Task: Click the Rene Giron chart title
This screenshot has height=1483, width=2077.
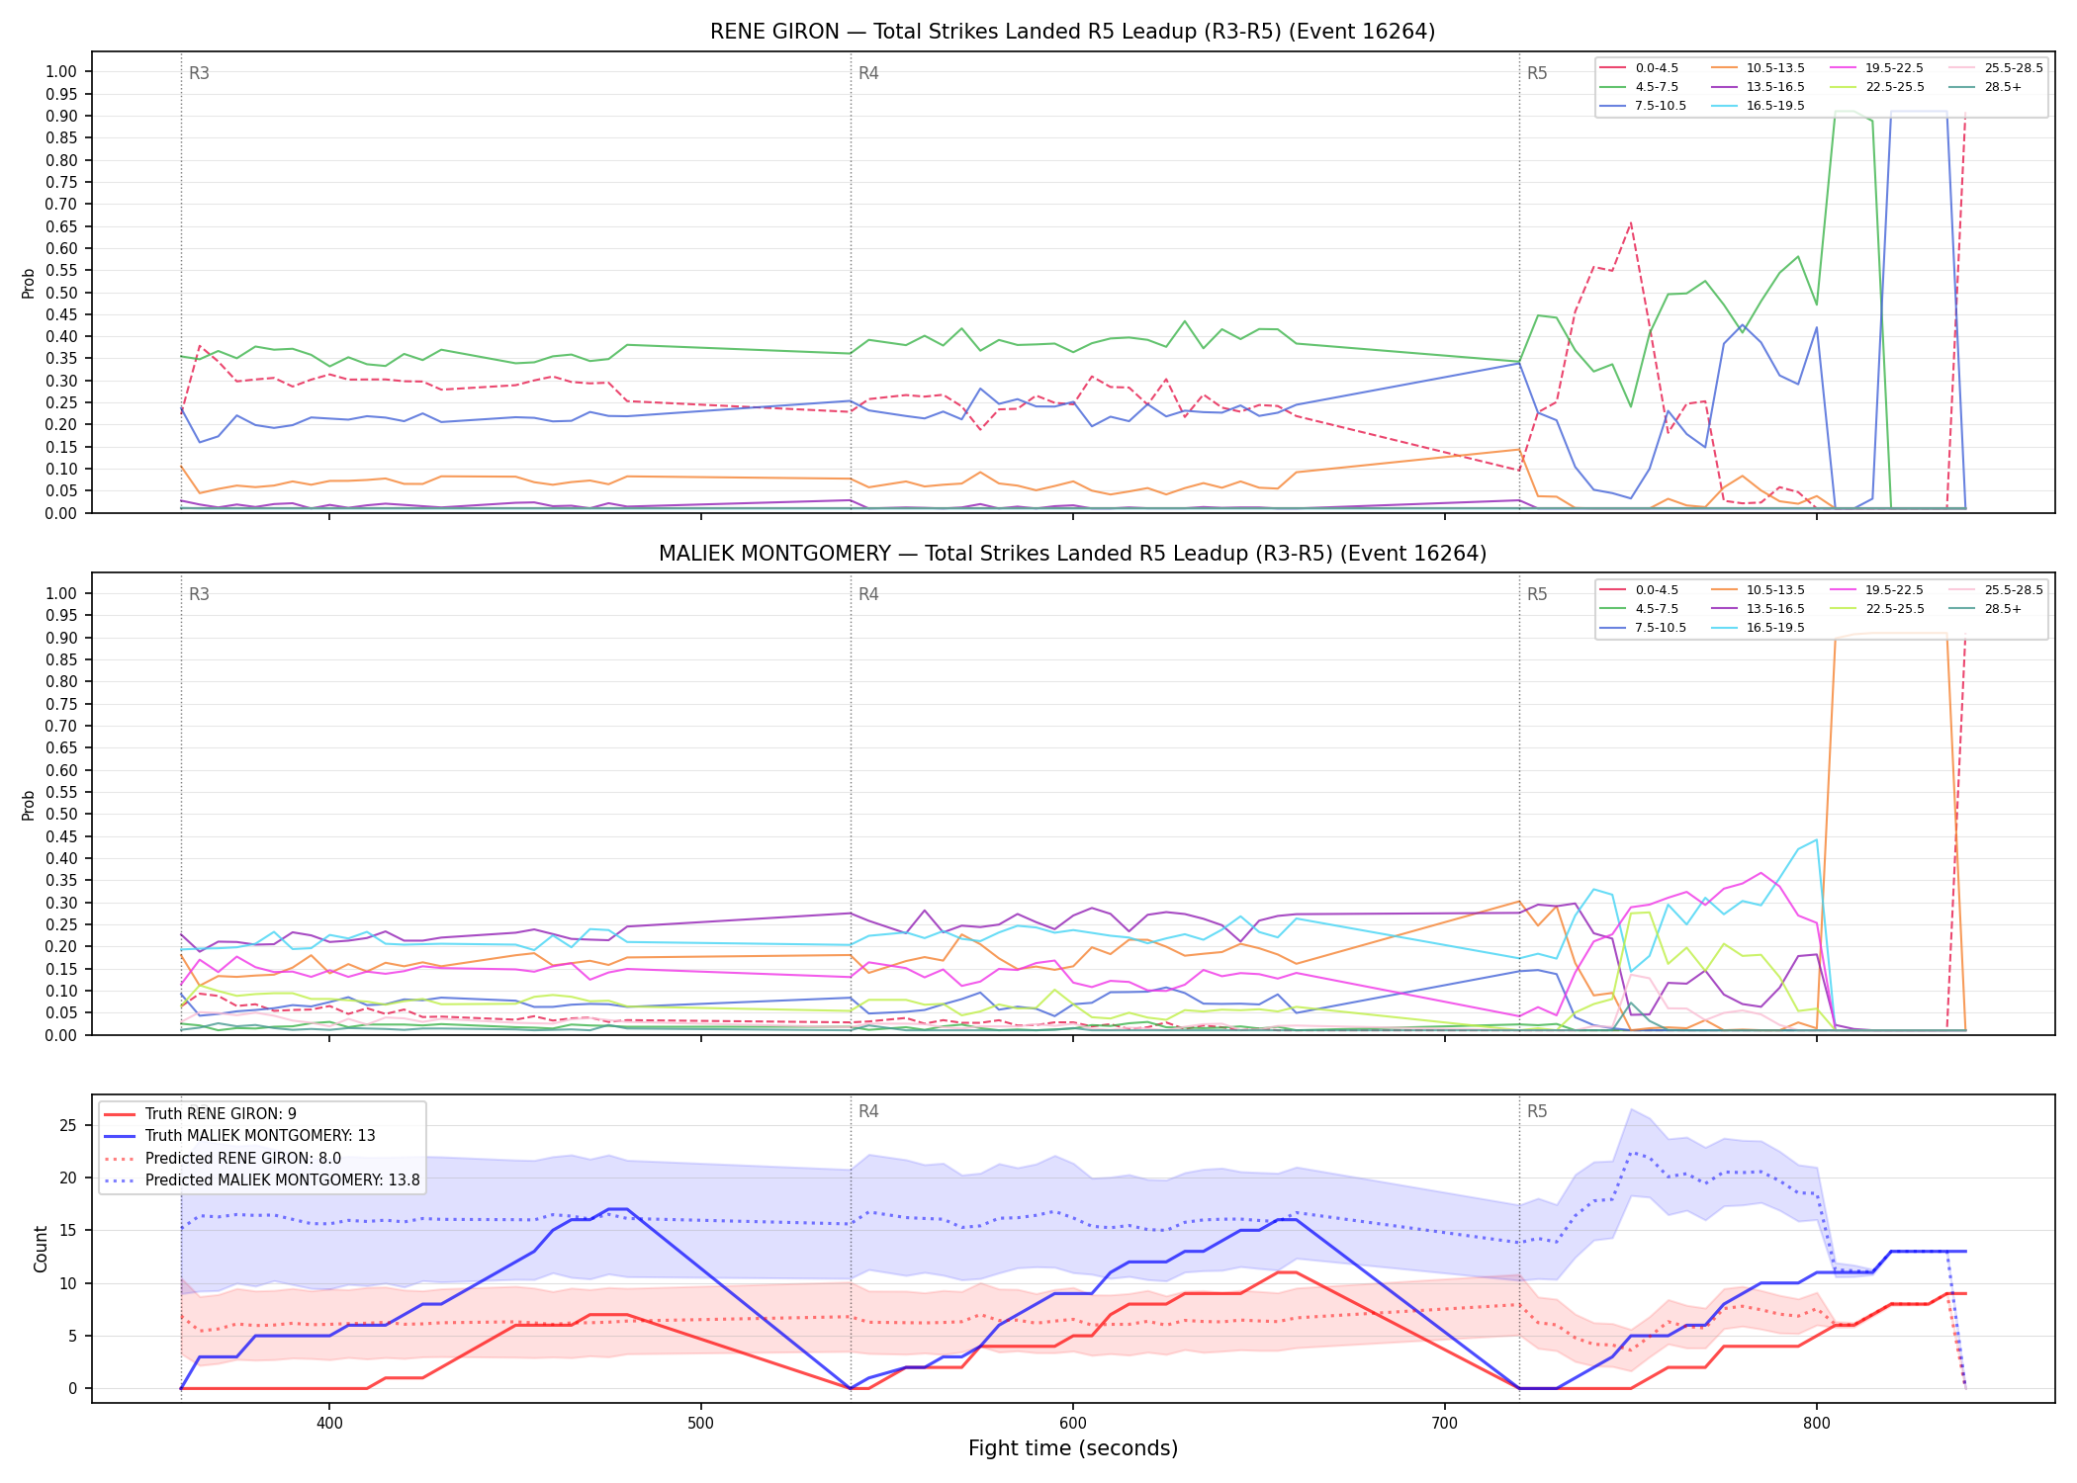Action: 1072,32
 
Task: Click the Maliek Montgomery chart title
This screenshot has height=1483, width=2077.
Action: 1072,554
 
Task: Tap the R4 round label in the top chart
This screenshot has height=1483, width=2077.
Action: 868,73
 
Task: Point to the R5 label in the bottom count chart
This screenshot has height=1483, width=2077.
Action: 1537,1111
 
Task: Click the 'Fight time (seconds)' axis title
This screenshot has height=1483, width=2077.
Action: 1073,1448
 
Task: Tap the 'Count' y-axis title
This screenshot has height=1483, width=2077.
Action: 41,1249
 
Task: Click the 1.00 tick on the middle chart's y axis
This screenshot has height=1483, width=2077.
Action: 61,593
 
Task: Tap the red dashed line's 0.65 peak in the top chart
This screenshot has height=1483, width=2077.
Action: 1631,223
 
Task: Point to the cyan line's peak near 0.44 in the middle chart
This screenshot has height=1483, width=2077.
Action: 1816,840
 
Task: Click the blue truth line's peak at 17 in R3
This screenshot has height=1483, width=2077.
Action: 617,1209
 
